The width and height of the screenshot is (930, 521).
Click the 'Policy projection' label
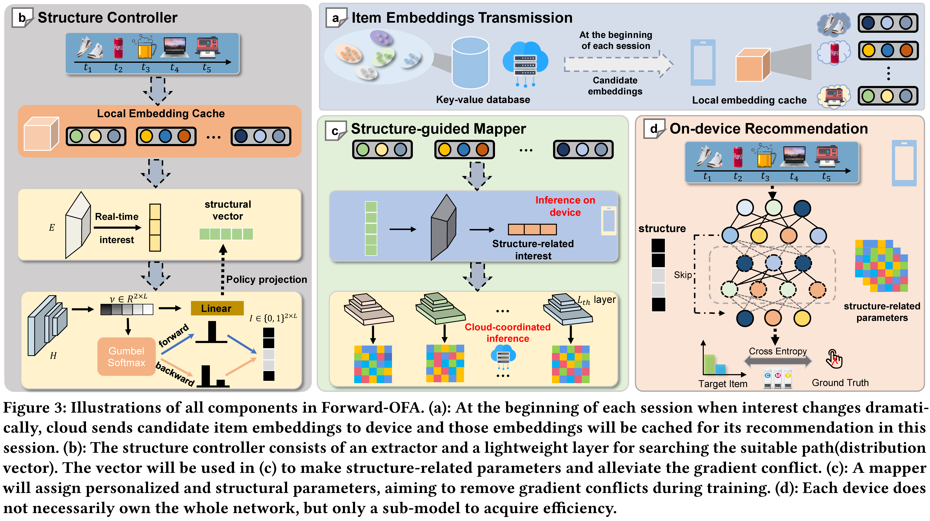266,279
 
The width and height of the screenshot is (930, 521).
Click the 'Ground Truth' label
840,383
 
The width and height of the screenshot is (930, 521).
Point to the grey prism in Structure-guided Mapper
444,228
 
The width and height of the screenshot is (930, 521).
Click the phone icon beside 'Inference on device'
609,220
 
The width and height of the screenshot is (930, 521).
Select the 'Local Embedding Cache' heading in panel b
161,113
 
